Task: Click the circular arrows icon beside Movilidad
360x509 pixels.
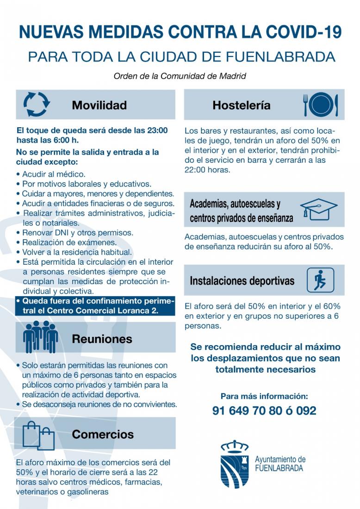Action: tap(36, 104)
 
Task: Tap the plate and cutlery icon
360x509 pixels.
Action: tap(321, 105)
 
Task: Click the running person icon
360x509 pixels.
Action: tap(320, 280)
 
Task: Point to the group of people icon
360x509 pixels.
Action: tap(41, 336)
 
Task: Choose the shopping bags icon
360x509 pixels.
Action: tap(38, 435)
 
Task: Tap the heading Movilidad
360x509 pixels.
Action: tap(99, 106)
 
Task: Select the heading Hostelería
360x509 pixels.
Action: tap(241, 106)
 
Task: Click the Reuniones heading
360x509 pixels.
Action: tap(102, 339)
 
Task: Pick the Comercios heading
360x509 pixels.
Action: tap(103, 435)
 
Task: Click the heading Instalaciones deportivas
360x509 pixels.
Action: tap(242, 281)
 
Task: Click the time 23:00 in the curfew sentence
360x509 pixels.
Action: tap(157, 130)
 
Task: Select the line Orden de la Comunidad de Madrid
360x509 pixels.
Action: tap(180, 76)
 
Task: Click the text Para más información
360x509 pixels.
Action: tap(264, 396)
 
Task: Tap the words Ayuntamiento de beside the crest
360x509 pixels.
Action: tap(280, 459)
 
